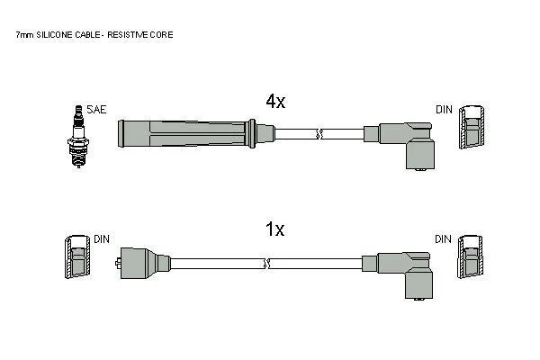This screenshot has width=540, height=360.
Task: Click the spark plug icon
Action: click(78, 137)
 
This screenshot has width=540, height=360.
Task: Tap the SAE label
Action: click(97, 110)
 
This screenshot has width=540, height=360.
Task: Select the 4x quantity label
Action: click(275, 101)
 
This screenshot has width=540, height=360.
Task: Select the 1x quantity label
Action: click(274, 229)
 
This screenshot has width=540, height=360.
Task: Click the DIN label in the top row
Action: click(444, 110)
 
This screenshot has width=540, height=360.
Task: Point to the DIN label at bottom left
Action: click(102, 239)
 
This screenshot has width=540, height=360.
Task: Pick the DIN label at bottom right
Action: click(443, 239)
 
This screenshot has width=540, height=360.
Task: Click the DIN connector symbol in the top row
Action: click(472, 128)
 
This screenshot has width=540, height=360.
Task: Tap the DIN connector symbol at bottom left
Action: click(77, 257)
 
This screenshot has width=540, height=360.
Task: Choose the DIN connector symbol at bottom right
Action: click(470, 257)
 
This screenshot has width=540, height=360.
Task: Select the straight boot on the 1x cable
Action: click(142, 263)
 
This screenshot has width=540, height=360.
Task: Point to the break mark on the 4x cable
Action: click(319, 134)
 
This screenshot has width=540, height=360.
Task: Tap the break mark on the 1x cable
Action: click(266, 264)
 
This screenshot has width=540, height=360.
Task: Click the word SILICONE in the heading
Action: click(54, 35)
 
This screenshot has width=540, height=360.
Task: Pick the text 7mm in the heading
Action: click(25, 35)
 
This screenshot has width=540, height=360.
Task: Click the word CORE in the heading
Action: click(161, 35)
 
